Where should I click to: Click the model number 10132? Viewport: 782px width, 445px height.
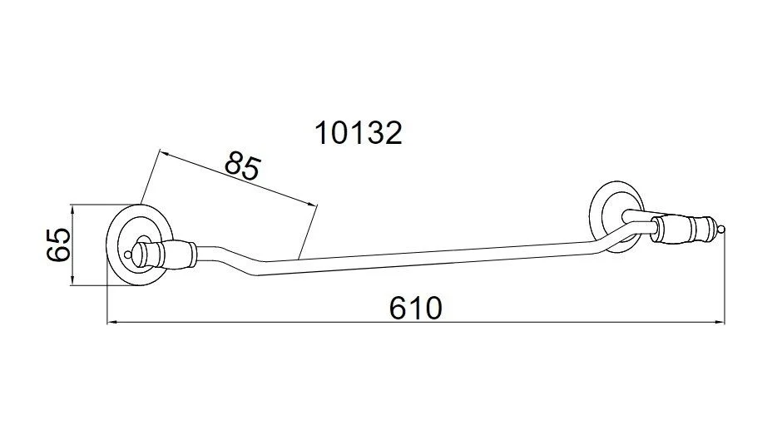point(358,134)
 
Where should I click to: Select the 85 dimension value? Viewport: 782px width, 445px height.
point(243,166)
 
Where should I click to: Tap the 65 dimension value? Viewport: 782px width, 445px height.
point(58,245)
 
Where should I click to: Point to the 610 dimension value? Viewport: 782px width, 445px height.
point(415,308)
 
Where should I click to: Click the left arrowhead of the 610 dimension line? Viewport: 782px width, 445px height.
point(112,323)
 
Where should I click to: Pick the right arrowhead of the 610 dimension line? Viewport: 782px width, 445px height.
point(719,323)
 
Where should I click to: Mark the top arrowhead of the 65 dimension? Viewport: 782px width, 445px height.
point(73,210)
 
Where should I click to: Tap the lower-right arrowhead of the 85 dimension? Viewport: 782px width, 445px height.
point(312,204)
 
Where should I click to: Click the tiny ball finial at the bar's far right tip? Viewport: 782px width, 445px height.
point(721,230)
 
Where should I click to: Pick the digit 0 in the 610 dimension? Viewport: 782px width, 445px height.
point(432,309)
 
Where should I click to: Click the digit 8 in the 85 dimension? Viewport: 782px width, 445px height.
point(235,162)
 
